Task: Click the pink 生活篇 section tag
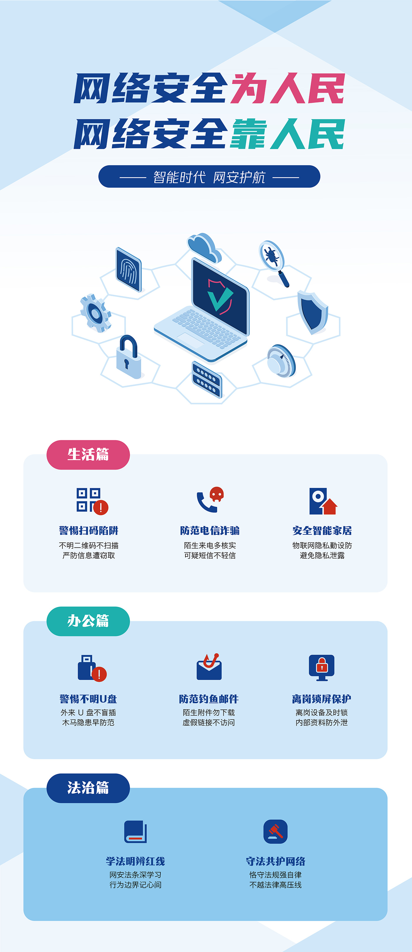[88, 455]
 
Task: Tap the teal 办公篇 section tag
[88, 621]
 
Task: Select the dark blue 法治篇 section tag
[88, 788]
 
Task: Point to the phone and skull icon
[210, 500]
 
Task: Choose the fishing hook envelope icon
[209, 666]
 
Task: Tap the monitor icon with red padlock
[322, 667]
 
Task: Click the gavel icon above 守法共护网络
[275, 831]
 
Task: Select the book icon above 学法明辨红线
[135, 831]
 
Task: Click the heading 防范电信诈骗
[210, 530]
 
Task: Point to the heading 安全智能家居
[322, 530]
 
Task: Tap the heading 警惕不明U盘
[88, 699]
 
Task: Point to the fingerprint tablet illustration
[129, 270]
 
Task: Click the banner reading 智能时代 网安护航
[209, 177]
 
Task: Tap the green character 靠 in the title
[248, 134]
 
